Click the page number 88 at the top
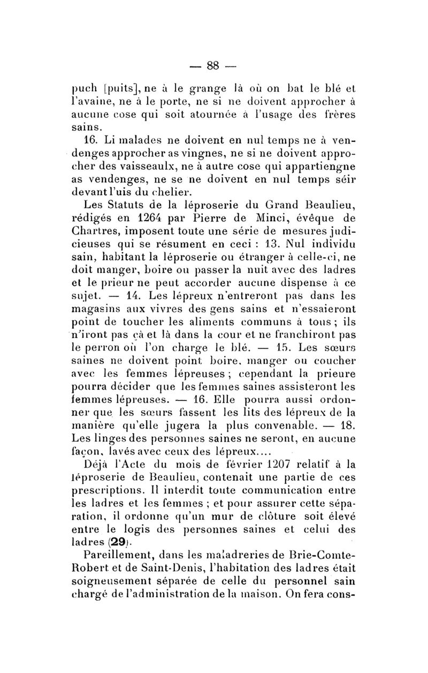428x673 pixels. (213, 66)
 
